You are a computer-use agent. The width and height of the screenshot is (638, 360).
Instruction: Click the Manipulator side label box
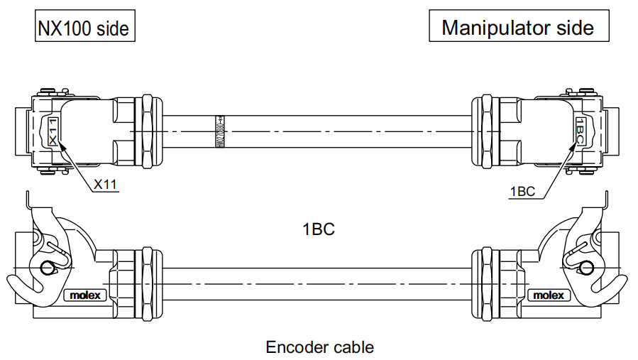(x=518, y=28)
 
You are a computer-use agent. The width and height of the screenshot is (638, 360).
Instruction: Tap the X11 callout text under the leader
(x=105, y=185)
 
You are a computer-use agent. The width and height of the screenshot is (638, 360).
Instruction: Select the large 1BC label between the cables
(x=318, y=229)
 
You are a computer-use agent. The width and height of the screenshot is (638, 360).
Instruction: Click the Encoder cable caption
(x=319, y=347)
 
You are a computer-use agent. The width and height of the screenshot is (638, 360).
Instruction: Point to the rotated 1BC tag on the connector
(x=581, y=132)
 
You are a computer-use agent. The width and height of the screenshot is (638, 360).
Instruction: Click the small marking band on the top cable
(x=219, y=132)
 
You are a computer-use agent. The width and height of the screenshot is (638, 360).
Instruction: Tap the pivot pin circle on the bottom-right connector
(x=586, y=268)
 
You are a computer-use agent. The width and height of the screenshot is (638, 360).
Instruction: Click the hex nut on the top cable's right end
(x=488, y=132)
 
